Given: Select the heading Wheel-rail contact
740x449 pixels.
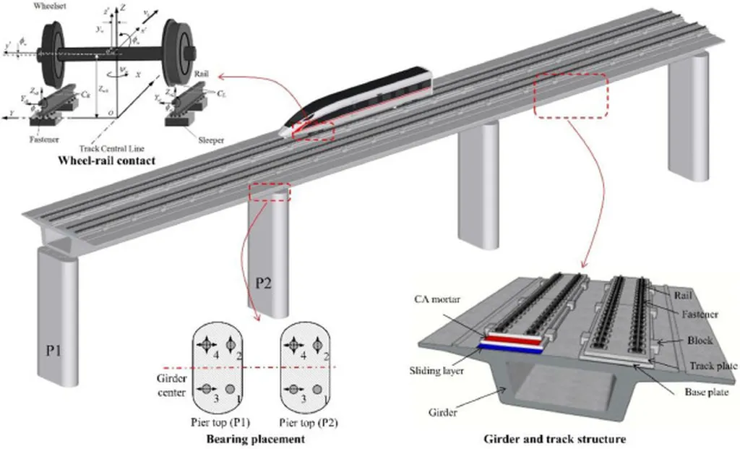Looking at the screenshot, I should coord(107,160).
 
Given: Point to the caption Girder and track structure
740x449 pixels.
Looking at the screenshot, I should coord(554,438).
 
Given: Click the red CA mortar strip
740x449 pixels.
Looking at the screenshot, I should coord(512,338).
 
